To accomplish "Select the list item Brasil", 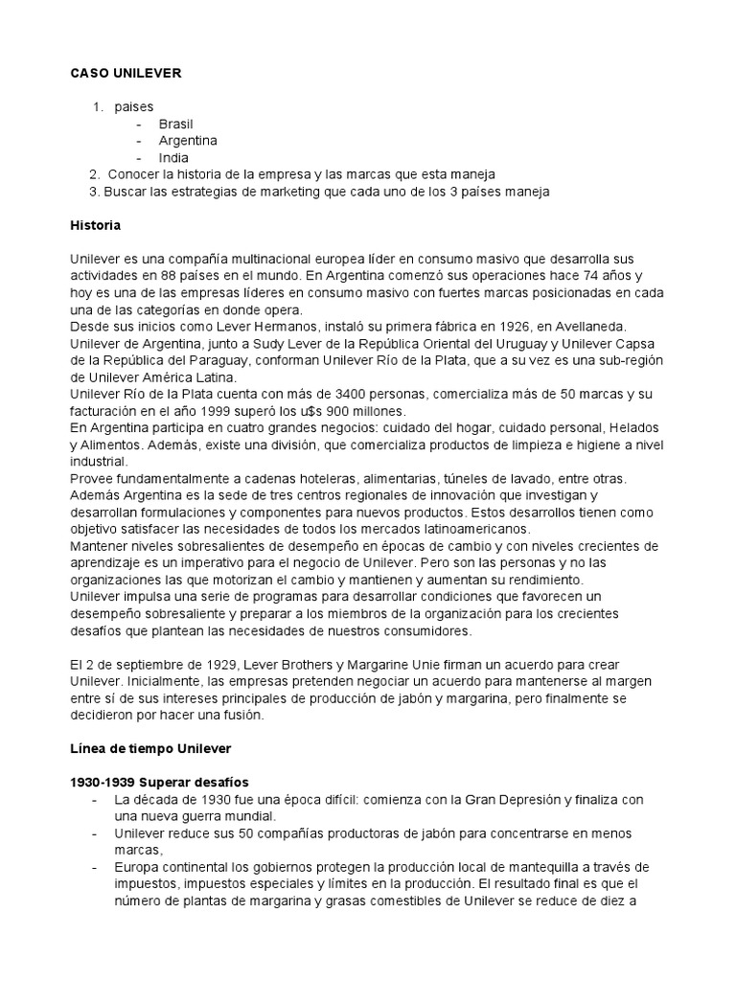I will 176,124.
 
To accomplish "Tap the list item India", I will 173,157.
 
